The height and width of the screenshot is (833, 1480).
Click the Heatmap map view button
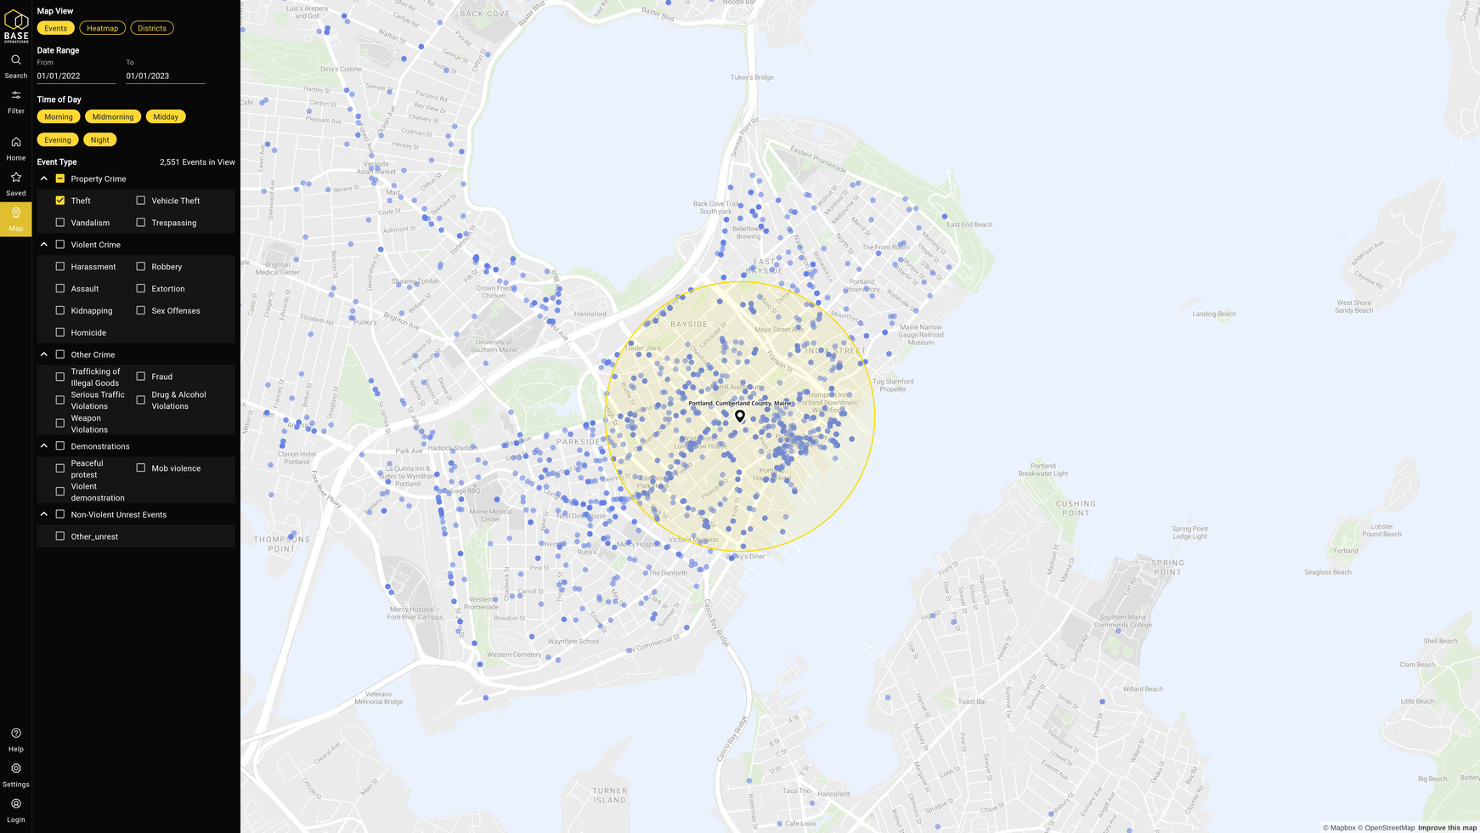(x=102, y=28)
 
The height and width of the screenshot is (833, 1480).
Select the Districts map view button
(x=152, y=28)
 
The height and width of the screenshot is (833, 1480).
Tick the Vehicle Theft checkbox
(x=141, y=201)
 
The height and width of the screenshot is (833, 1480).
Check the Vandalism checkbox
(x=60, y=223)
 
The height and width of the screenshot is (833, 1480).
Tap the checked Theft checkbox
(x=60, y=201)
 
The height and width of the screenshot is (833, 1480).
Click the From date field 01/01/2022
(x=76, y=76)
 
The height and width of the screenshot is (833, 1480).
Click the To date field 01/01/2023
(x=165, y=76)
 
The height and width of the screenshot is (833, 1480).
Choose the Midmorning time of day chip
(x=113, y=116)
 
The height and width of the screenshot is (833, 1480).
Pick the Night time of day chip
(x=99, y=139)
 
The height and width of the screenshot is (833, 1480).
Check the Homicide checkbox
(x=60, y=332)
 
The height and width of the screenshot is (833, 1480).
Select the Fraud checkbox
(x=141, y=377)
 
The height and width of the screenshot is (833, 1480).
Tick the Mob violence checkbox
(x=141, y=468)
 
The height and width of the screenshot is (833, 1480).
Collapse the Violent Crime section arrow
(x=44, y=245)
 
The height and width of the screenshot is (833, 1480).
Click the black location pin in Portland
(x=740, y=416)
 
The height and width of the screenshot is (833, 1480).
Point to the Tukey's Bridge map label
(x=752, y=77)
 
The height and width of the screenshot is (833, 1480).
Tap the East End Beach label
(x=969, y=224)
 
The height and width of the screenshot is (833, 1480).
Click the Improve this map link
(x=1447, y=828)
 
